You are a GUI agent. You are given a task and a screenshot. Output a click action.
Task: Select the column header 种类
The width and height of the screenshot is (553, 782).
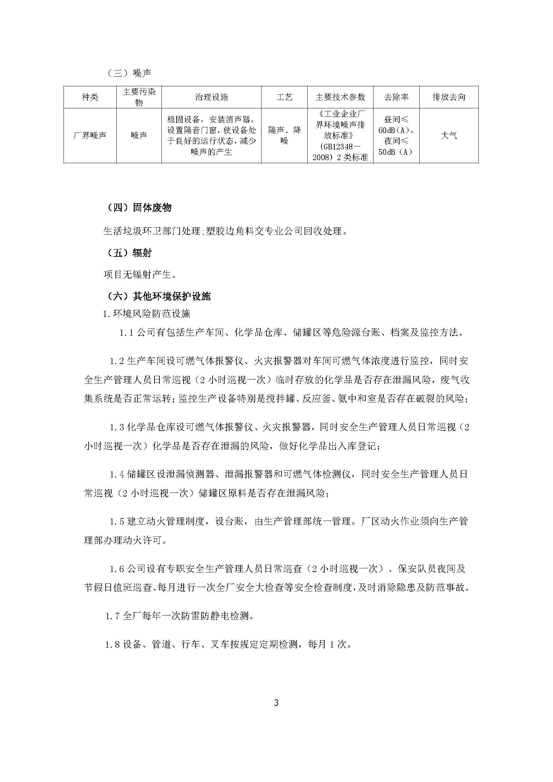click(x=90, y=97)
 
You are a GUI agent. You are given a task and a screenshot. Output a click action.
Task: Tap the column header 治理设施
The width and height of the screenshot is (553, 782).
click(x=211, y=97)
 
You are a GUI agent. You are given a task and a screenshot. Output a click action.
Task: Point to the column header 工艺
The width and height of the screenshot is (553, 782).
click(x=284, y=97)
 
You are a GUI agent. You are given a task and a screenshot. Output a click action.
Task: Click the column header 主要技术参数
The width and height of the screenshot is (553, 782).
click(x=340, y=97)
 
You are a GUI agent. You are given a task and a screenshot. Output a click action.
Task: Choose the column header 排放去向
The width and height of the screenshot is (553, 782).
click(x=448, y=97)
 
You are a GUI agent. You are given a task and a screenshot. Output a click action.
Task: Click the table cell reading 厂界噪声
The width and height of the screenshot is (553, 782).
click(x=90, y=135)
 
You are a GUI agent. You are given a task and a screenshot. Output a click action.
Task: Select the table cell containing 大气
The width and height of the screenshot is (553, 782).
click(x=448, y=135)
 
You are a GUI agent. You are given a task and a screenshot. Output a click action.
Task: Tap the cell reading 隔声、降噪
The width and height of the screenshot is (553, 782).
click(x=284, y=135)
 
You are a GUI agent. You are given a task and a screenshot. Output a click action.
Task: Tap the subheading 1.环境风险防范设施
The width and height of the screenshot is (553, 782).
click(x=146, y=314)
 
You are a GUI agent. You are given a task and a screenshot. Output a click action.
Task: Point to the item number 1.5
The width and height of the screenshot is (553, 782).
click(x=116, y=522)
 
